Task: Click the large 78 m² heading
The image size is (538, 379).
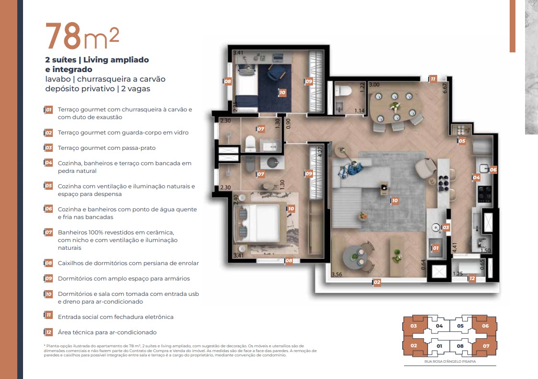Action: (x=82, y=36)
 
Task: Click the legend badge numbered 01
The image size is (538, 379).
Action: (x=48, y=110)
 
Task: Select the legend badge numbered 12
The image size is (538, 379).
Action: (x=48, y=332)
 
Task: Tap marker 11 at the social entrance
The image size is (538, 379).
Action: (x=433, y=79)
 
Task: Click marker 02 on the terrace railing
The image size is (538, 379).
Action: (x=377, y=282)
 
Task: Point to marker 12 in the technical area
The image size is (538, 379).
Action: (x=472, y=279)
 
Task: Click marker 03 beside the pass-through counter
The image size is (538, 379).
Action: (x=445, y=227)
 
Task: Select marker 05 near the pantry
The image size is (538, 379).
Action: (x=462, y=141)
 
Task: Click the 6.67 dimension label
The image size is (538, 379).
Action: (x=445, y=88)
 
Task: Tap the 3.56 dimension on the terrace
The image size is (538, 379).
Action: (x=337, y=275)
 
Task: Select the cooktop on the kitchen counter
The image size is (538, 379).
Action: (x=483, y=193)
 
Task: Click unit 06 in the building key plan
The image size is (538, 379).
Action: (x=485, y=326)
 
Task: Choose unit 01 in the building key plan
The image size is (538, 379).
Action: (x=439, y=345)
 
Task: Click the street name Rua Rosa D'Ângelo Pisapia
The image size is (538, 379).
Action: (x=450, y=361)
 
